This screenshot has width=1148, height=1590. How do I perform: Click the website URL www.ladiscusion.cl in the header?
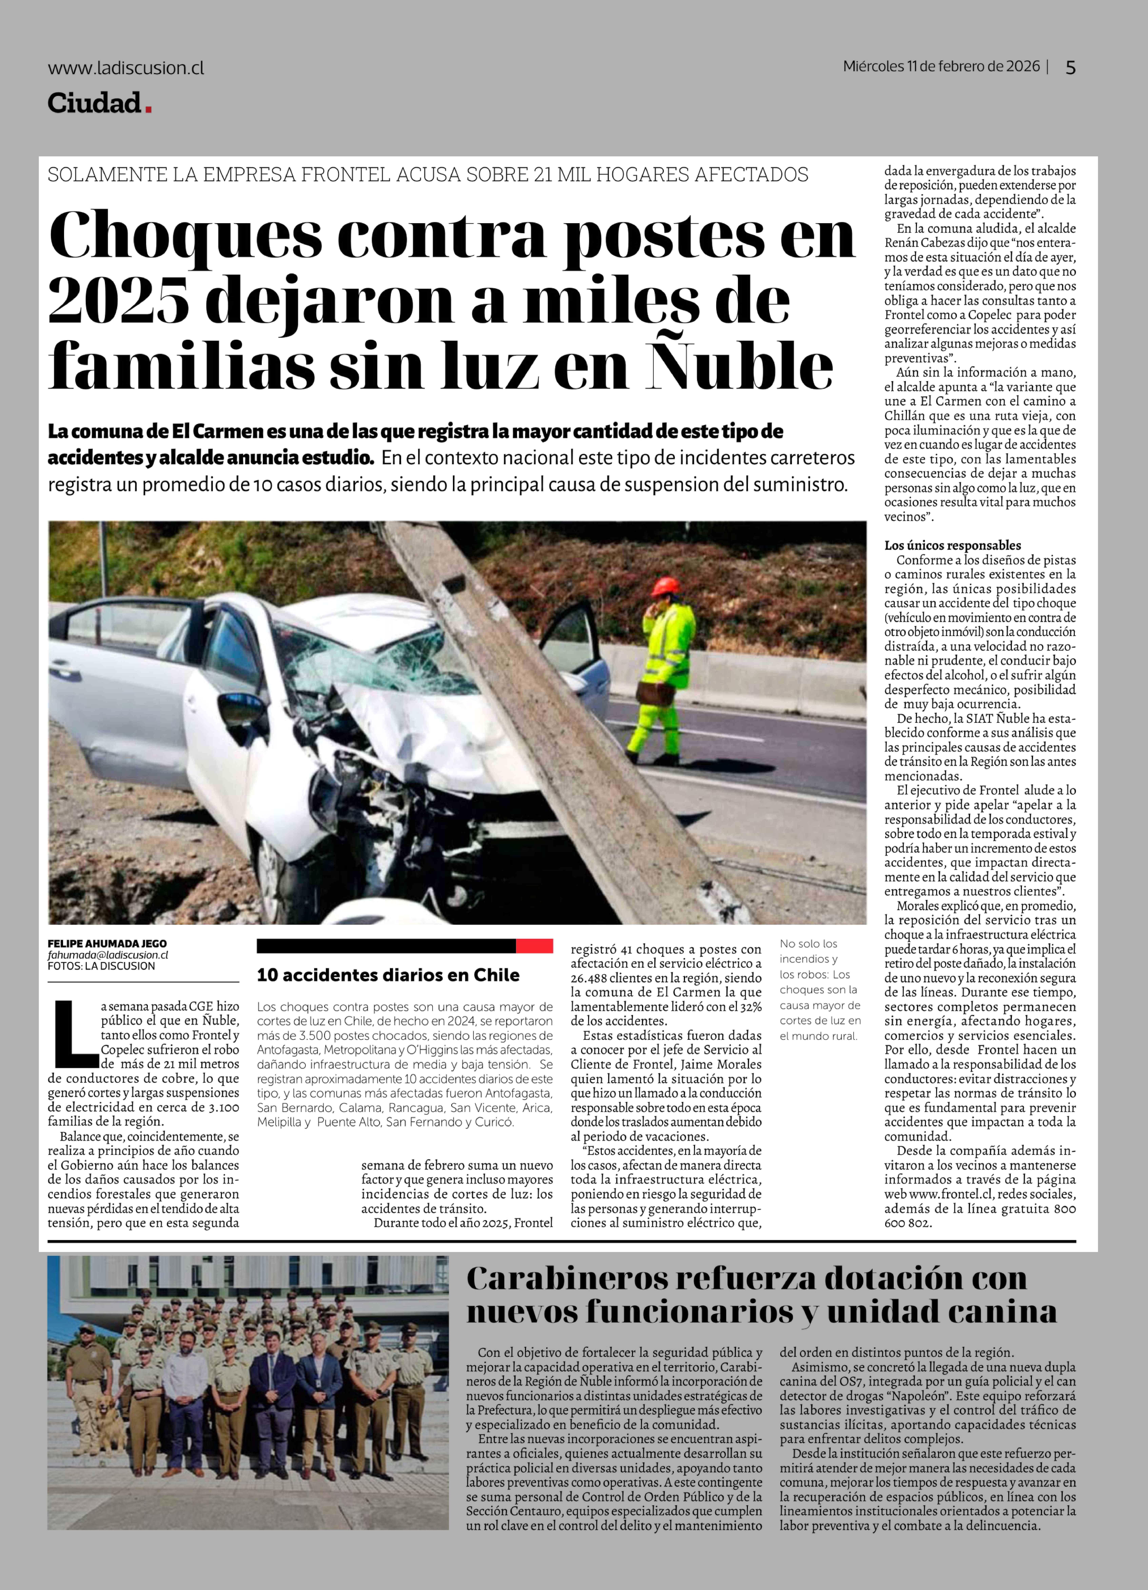click(126, 68)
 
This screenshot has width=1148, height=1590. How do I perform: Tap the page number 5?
click(1070, 67)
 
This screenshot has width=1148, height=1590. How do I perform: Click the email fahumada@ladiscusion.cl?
click(108, 955)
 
